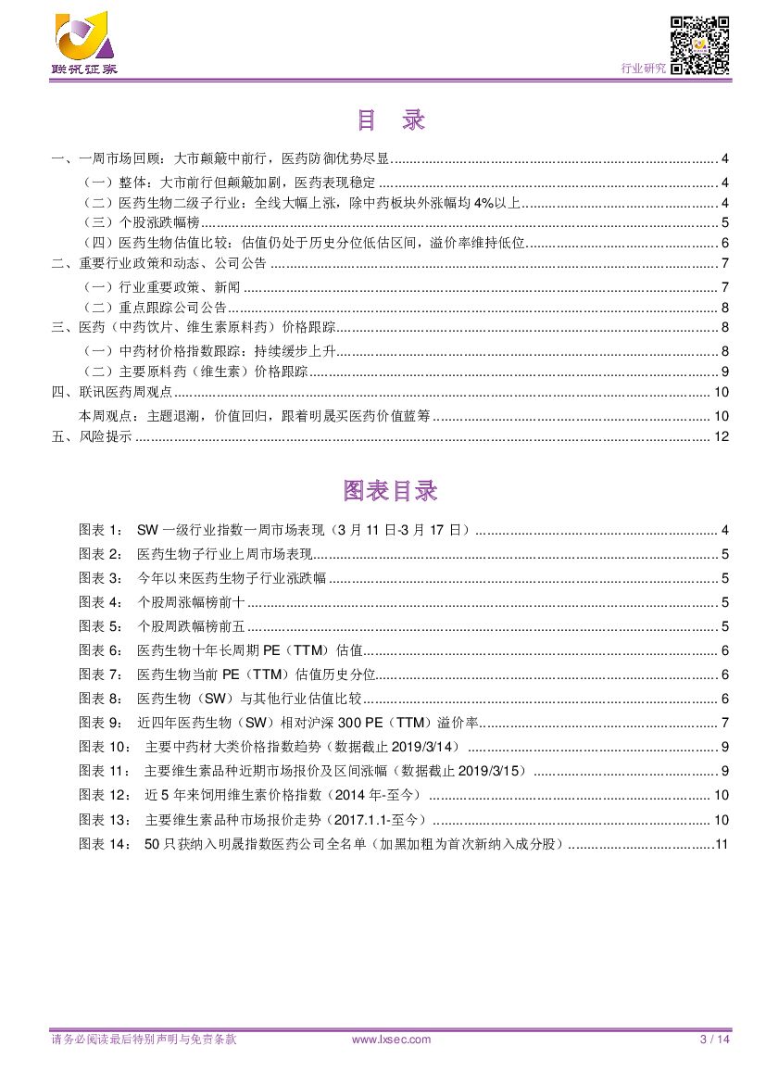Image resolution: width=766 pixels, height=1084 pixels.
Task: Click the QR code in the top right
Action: [699, 44]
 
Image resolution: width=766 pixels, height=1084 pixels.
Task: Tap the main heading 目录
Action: [390, 120]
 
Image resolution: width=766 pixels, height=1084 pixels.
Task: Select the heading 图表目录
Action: [390, 490]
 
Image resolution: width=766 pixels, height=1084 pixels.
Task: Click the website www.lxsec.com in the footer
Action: [391, 1040]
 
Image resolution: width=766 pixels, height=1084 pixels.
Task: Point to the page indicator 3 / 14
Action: [714, 1040]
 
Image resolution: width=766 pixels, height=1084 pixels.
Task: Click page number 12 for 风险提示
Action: [722, 436]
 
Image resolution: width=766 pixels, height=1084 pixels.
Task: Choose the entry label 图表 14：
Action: [105, 843]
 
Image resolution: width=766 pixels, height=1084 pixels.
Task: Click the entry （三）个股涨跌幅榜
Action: [141, 222]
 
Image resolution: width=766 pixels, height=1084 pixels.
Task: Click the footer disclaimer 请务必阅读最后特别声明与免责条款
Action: [144, 1040]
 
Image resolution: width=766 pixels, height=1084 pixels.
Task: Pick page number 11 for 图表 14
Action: [722, 843]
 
